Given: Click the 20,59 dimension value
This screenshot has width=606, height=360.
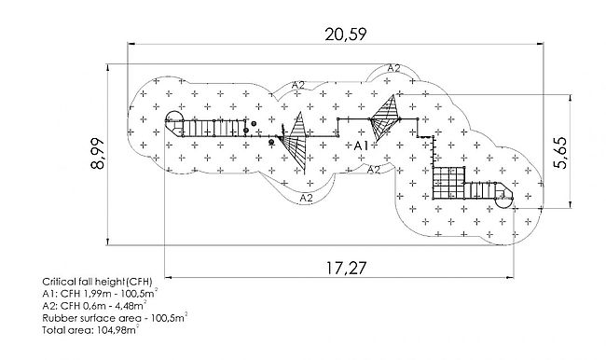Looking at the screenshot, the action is click(x=345, y=35).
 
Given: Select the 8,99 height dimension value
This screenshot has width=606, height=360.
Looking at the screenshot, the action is click(x=97, y=154).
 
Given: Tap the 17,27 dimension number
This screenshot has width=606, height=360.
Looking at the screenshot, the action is click(x=346, y=268).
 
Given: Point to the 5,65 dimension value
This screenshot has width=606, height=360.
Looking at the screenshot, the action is click(x=560, y=153).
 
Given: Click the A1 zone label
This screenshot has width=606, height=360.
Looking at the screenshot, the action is click(x=361, y=145).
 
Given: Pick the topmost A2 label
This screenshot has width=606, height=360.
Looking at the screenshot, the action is click(x=393, y=68).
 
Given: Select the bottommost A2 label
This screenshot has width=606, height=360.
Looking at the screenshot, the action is click(x=306, y=199).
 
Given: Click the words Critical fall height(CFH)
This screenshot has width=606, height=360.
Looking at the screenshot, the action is click(x=97, y=281).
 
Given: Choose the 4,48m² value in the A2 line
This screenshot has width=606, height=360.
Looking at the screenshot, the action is click(x=133, y=305).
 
